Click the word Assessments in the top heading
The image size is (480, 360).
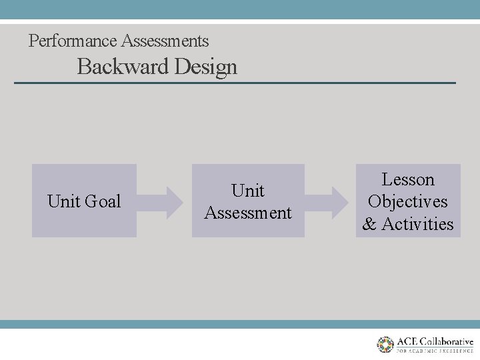(165, 41)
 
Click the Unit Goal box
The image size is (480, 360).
(84, 201)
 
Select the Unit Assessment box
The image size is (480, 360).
(248, 201)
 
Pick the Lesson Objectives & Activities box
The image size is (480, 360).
(408, 201)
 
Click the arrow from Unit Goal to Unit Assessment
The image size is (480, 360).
(164, 201)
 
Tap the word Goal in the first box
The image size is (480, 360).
(103, 201)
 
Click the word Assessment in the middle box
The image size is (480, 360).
(248, 213)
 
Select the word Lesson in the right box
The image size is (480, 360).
(408, 179)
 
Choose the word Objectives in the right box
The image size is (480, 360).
(408, 201)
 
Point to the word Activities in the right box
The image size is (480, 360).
(417, 224)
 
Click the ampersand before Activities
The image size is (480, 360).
(369, 224)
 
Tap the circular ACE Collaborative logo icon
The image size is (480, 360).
(385, 344)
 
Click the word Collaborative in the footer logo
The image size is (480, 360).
(447, 341)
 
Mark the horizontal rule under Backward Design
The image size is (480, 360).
(235, 83)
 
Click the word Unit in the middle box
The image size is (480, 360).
(248, 191)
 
